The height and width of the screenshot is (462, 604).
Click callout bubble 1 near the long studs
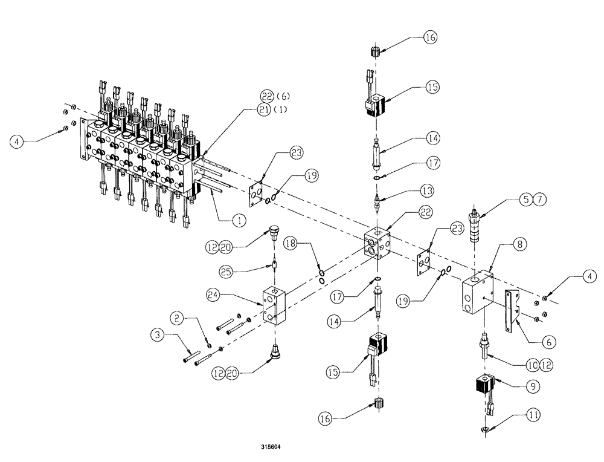pos(240,221)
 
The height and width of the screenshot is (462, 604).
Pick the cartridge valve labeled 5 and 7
pos(475,224)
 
